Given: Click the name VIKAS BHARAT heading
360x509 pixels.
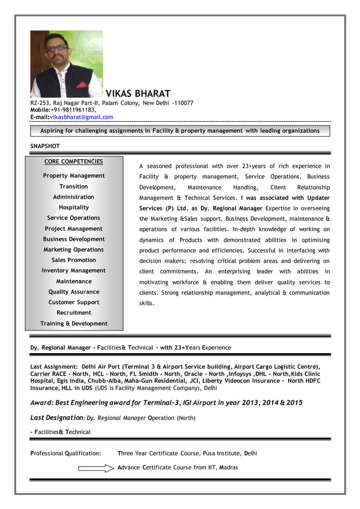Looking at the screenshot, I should pyautogui.click(x=138, y=94).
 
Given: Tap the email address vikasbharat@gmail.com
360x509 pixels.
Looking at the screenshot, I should pyautogui.click(x=82, y=117).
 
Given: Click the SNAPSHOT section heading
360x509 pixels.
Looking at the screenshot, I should pyautogui.click(x=45, y=146).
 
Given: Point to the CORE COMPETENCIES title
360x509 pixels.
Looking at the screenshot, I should pyautogui.click(x=73, y=162).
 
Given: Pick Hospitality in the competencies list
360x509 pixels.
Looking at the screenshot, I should pyautogui.click(x=73, y=208).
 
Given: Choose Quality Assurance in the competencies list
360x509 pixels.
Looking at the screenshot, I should pyautogui.click(x=73, y=292).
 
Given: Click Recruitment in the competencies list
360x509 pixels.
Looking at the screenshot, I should pyautogui.click(x=73, y=313).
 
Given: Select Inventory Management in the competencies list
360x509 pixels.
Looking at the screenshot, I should pyautogui.click(x=73, y=271).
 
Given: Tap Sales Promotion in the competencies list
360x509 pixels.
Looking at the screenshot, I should pyautogui.click(x=73, y=260).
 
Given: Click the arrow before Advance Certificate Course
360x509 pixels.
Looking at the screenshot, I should pyautogui.click(x=96, y=468).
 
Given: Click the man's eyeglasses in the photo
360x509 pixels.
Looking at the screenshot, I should pyautogui.click(x=56, y=49).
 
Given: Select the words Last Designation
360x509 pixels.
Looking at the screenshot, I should pyautogui.click(x=56, y=418).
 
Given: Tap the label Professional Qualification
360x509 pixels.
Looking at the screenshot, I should pyautogui.click(x=65, y=453).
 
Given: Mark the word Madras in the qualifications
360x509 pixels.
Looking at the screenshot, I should pyautogui.click(x=229, y=467).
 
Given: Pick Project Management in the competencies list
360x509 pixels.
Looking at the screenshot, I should pyautogui.click(x=73, y=229).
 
